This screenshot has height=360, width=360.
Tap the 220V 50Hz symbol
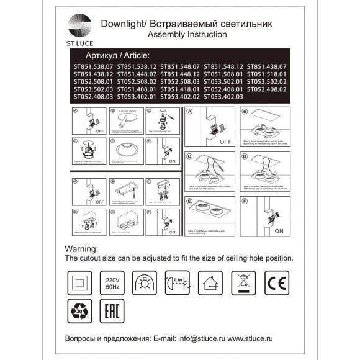[112, 281]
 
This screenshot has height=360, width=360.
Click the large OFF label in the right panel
[224, 142]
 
